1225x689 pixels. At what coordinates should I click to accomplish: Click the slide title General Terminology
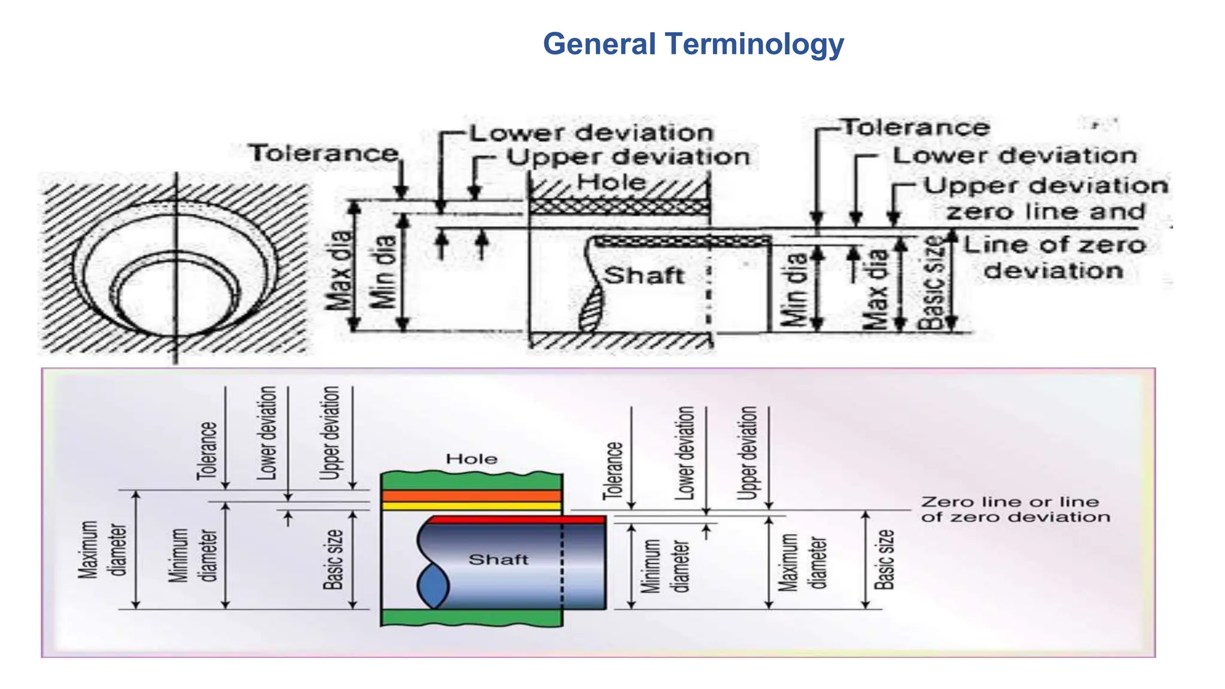pyautogui.click(x=693, y=44)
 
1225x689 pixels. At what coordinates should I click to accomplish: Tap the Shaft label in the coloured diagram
pyautogui.click(x=498, y=559)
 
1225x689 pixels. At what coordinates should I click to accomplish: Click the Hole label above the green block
pyautogui.click(x=471, y=459)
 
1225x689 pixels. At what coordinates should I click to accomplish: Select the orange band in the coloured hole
pyautogui.click(x=471, y=496)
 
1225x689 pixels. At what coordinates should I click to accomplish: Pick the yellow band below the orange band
pyautogui.click(x=471, y=506)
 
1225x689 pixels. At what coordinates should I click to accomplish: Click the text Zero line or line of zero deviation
pyautogui.click(x=1015, y=509)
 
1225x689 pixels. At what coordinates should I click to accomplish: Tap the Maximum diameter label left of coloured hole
pyautogui.click(x=103, y=550)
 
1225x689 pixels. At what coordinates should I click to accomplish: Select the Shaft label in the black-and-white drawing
pyautogui.click(x=643, y=276)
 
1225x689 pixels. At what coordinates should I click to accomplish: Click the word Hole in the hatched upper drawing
pyautogui.click(x=611, y=182)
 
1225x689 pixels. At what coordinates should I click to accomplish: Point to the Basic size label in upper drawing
pyautogui.click(x=933, y=283)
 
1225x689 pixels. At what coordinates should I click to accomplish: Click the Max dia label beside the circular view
pyautogui.click(x=339, y=270)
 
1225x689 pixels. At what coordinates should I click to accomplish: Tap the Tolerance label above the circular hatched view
pyautogui.click(x=324, y=153)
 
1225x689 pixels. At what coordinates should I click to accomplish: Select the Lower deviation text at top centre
pyautogui.click(x=591, y=133)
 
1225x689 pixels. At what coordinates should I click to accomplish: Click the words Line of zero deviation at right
pyautogui.click(x=1054, y=258)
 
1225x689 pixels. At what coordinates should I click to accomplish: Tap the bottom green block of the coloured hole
pyautogui.click(x=471, y=617)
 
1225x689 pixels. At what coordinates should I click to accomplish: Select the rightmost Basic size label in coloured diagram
pyautogui.click(x=884, y=559)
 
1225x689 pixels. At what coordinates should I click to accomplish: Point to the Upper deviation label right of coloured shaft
pyautogui.click(x=747, y=453)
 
